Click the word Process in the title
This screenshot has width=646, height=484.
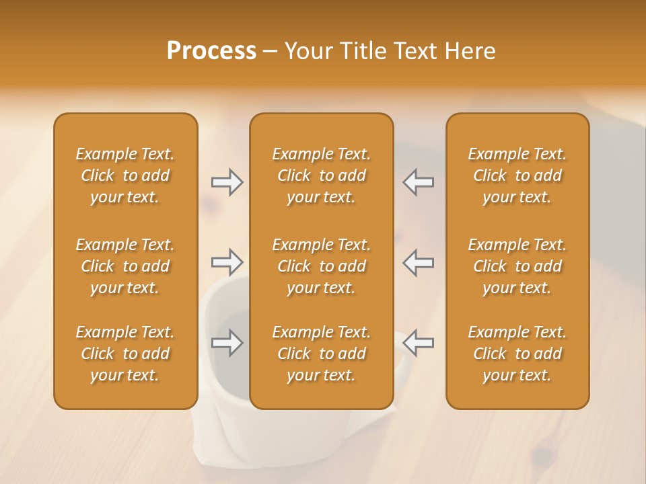pos(211,51)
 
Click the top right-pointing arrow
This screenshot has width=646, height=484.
pos(227,182)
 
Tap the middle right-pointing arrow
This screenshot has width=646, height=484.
pos(227,261)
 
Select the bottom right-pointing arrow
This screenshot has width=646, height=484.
pos(227,343)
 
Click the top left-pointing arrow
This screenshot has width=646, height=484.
pos(418,182)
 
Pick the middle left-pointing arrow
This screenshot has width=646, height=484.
pos(418,261)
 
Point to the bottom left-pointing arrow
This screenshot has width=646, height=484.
pos(418,343)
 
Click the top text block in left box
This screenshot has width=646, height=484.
pos(125,175)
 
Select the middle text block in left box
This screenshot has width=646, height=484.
pos(125,266)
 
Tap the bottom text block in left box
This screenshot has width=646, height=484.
pos(125,354)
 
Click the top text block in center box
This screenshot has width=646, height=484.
pos(322,175)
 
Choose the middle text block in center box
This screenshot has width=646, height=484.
pos(322,266)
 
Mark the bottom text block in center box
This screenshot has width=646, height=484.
pos(322,354)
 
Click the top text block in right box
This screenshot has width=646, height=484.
pos(517,175)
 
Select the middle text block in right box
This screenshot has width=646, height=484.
pos(517,266)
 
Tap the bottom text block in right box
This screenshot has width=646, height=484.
pos(517,354)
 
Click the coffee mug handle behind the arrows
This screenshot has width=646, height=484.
pos(401,363)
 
